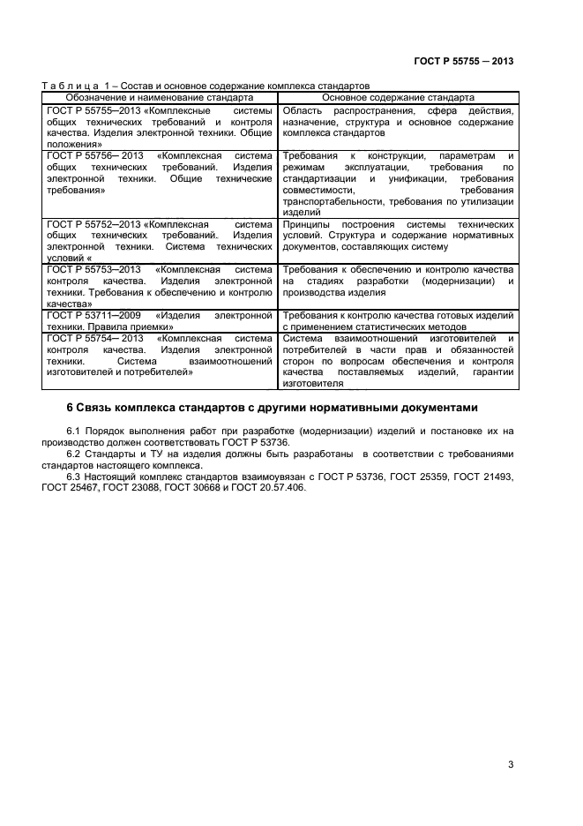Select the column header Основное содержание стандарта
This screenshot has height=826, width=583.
pos(399,97)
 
